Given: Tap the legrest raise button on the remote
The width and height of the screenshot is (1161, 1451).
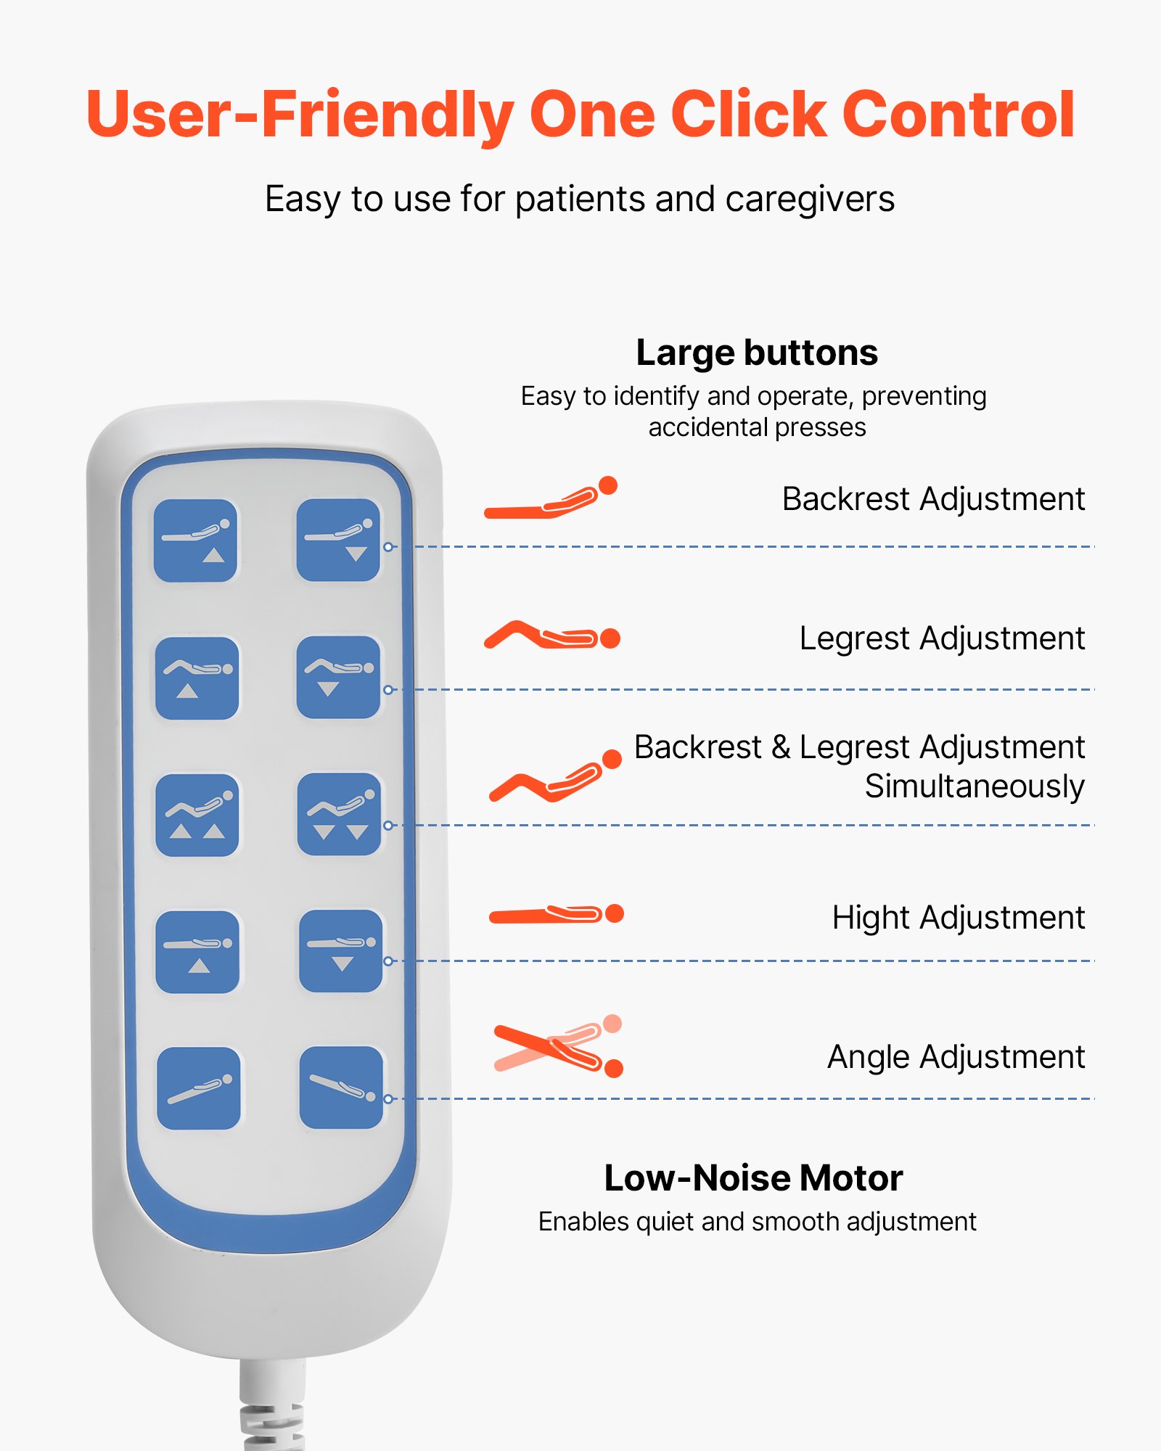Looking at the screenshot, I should click(197, 678).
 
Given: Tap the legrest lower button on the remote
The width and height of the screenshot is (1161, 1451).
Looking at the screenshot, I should click(338, 678).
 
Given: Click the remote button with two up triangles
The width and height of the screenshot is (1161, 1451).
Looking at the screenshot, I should click(197, 815).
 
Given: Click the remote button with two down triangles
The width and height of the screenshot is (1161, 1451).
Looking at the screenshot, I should click(339, 814).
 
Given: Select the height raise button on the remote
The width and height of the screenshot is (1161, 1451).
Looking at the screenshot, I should click(197, 952).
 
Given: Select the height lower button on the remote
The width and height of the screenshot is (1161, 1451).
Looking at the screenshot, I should click(340, 951).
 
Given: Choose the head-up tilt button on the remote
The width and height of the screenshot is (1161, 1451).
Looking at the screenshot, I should click(199, 1088).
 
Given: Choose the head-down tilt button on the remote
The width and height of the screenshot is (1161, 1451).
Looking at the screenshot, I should click(341, 1088).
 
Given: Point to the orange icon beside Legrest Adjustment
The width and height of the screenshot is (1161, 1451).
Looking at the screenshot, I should click(552, 636).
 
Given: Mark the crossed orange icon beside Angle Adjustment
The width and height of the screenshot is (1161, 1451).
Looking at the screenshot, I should click(558, 1047).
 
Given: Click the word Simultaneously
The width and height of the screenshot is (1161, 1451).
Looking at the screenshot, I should click(975, 786).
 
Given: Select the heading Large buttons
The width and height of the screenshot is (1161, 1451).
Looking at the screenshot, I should click(757, 353).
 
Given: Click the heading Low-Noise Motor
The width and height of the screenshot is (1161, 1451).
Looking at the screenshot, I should click(753, 1177).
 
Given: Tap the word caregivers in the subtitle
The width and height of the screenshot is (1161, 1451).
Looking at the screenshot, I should click(809, 200).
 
